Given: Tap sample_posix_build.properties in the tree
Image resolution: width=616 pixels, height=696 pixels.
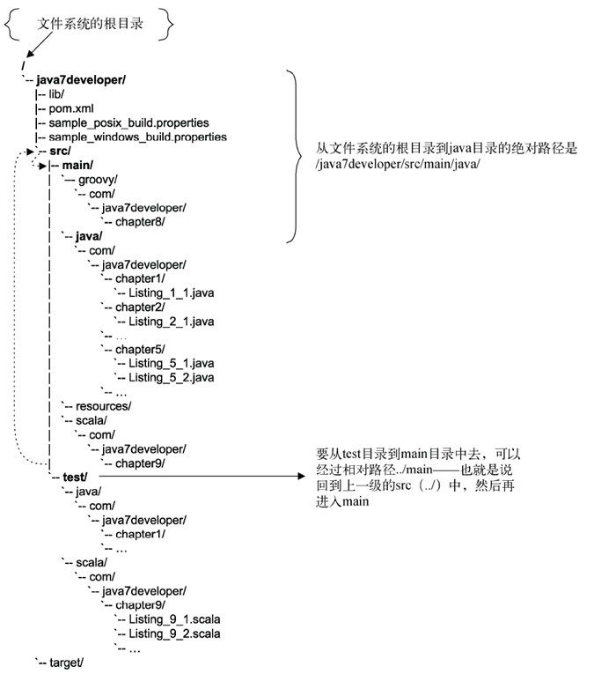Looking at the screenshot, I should [x=128, y=122].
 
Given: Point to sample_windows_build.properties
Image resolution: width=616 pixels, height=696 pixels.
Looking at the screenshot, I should [x=137, y=137].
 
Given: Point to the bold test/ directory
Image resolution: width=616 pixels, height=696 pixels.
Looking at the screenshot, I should [x=75, y=478].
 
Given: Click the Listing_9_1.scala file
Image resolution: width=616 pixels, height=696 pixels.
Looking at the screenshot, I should [x=174, y=619].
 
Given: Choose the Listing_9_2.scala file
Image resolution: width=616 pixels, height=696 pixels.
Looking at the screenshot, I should [x=174, y=633].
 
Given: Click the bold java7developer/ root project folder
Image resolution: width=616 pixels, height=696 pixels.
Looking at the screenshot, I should [x=81, y=79].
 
